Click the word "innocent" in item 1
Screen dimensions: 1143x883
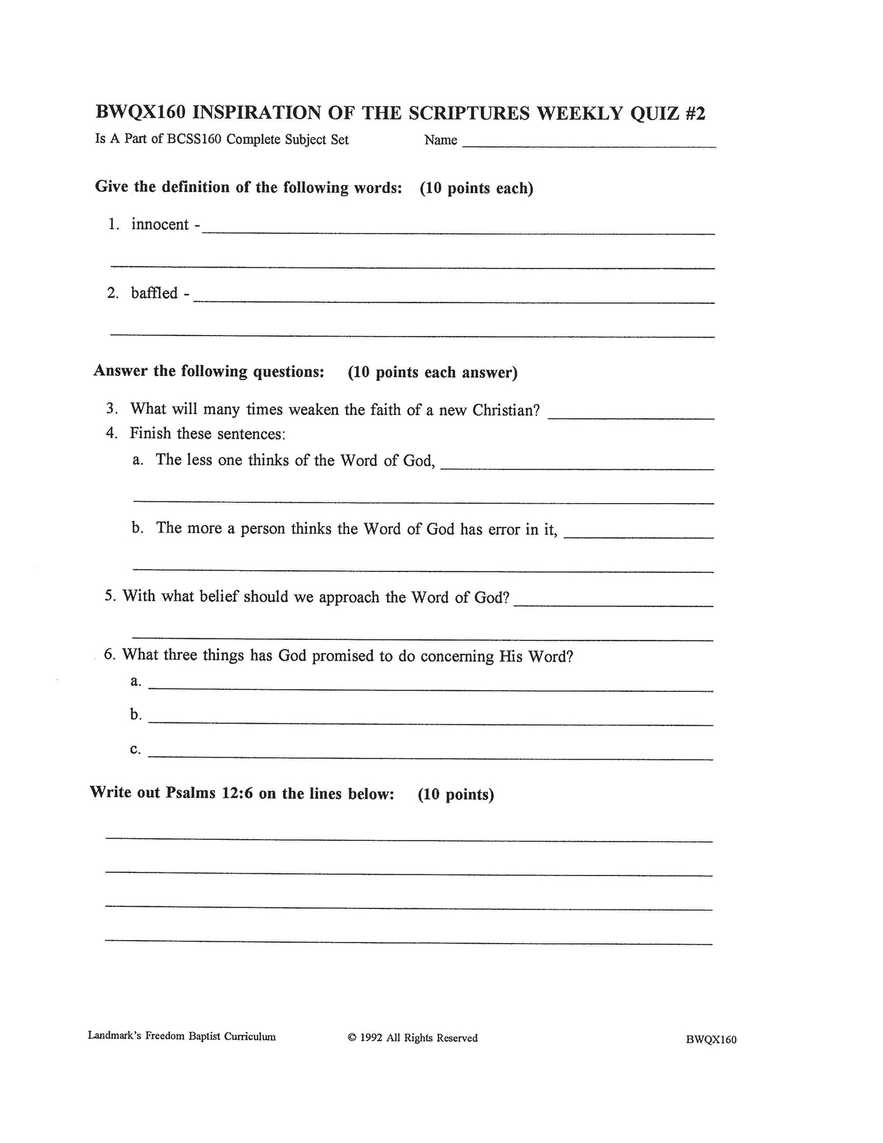click(160, 225)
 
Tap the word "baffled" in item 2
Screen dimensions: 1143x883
click(154, 293)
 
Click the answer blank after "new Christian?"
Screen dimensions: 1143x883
click(631, 417)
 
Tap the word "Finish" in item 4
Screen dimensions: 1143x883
click(150, 434)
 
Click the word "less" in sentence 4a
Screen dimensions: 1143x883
click(199, 460)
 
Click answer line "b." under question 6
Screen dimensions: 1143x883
click(430, 723)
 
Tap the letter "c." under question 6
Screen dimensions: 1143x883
click(136, 749)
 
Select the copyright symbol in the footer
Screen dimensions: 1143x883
click(351, 1038)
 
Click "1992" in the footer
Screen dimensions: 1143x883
click(372, 1038)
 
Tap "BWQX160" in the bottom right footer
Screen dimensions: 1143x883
click(711, 1040)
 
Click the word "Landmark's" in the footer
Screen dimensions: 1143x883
click(114, 1037)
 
